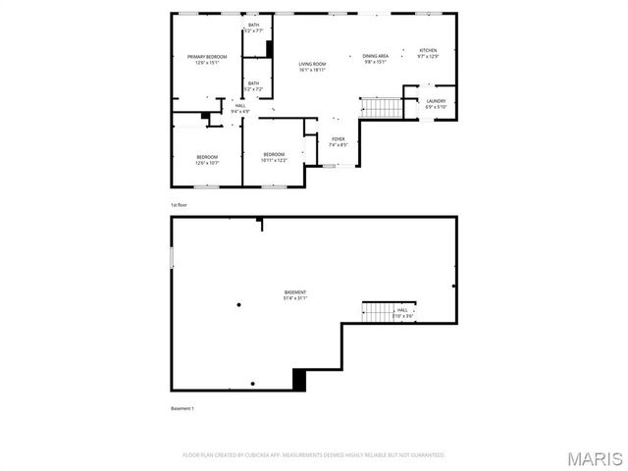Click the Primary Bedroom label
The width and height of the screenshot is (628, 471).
coord(207,60)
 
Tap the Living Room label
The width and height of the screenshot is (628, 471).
coord(312,68)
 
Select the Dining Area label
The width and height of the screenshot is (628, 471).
coord(375,59)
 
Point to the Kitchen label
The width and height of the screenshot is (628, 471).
coord(428,53)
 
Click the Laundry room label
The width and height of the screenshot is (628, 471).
coord(436,104)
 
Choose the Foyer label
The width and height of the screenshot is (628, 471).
coord(338,142)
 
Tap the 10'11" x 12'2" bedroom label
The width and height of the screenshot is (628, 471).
coord(273,157)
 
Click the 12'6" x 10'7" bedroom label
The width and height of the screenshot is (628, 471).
coord(206,160)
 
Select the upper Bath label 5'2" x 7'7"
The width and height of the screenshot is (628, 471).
coord(254,27)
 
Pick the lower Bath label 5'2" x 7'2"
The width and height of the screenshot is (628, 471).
coord(254,86)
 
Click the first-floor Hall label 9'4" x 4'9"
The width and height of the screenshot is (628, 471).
coord(240,108)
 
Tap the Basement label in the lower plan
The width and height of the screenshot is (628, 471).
coord(295,295)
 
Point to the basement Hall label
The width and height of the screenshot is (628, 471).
coord(402,312)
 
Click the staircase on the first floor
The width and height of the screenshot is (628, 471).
coord(381,107)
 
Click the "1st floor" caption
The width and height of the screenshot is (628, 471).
coord(180,204)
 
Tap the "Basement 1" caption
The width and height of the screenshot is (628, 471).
coord(183,408)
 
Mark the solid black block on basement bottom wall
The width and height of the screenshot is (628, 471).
coord(300,380)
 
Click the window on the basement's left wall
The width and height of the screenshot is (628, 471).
coord(172,256)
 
